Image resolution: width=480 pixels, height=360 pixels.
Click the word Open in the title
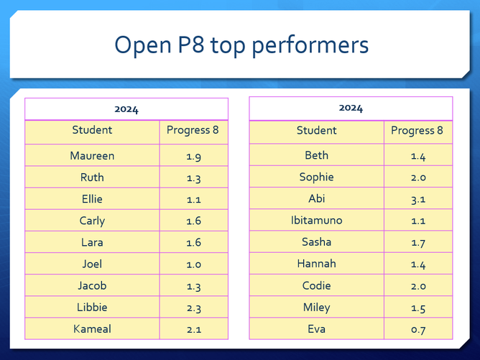tap(143, 45)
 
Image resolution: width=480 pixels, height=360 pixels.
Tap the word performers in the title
tap(310, 45)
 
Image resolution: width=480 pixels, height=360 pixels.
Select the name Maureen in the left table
tap(92, 156)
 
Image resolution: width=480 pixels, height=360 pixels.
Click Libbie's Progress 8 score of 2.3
tap(194, 308)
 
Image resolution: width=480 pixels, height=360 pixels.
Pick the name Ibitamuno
tap(317, 220)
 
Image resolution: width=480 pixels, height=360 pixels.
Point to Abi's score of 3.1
tap(418, 200)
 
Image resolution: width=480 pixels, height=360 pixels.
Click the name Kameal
tap(92, 329)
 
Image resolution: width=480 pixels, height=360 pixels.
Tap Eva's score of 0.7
tap(418, 330)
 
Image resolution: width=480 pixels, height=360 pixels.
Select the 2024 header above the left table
tap(126, 109)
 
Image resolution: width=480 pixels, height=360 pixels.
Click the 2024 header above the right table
tap(351, 108)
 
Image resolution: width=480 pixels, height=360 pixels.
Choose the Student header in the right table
tap(317, 130)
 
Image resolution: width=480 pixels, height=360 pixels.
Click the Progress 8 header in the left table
tap(193, 130)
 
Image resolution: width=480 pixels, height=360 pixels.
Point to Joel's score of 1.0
tap(194, 264)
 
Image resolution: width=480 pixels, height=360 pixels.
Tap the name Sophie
tap(317, 177)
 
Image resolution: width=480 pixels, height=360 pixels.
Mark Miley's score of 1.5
tap(418, 308)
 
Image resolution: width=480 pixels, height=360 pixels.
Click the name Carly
tap(92, 221)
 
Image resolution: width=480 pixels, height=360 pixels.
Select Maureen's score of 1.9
tap(194, 157)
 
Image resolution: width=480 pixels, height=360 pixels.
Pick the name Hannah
tap(317, 264)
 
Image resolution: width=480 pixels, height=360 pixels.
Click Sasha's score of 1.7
tap(418, 243)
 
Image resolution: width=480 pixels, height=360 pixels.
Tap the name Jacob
tap(92, 285)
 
